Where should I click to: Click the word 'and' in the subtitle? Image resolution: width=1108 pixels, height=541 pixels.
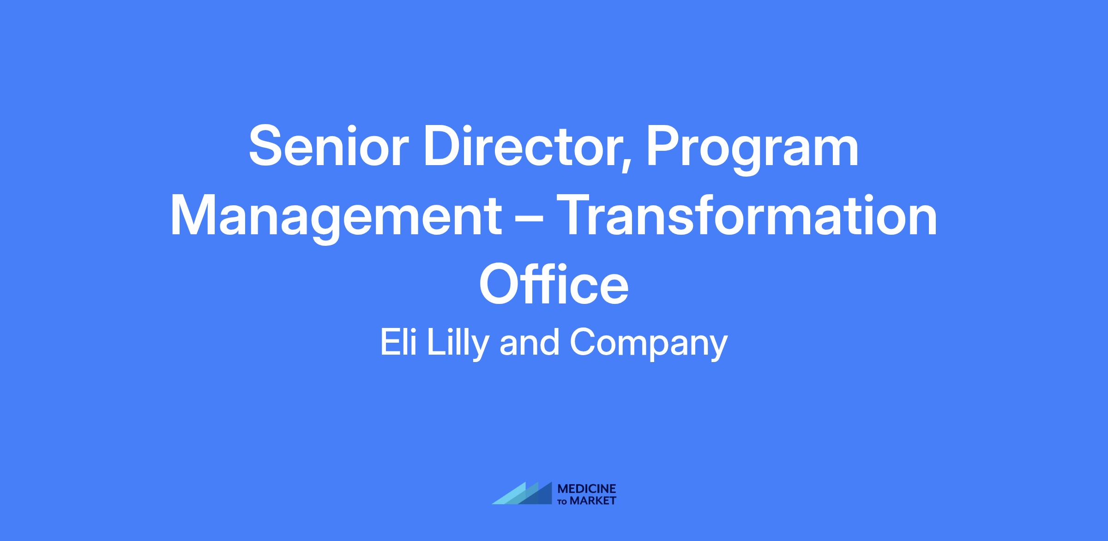530,343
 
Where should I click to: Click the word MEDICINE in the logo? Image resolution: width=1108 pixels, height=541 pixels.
587,489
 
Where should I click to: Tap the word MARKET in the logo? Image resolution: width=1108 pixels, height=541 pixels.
593,500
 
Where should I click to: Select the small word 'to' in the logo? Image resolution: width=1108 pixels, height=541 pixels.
564,501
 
